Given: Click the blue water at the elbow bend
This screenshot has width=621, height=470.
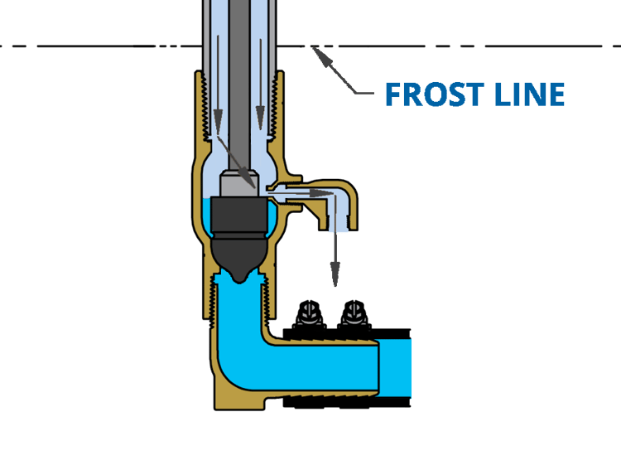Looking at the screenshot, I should [x=240, y=365].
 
